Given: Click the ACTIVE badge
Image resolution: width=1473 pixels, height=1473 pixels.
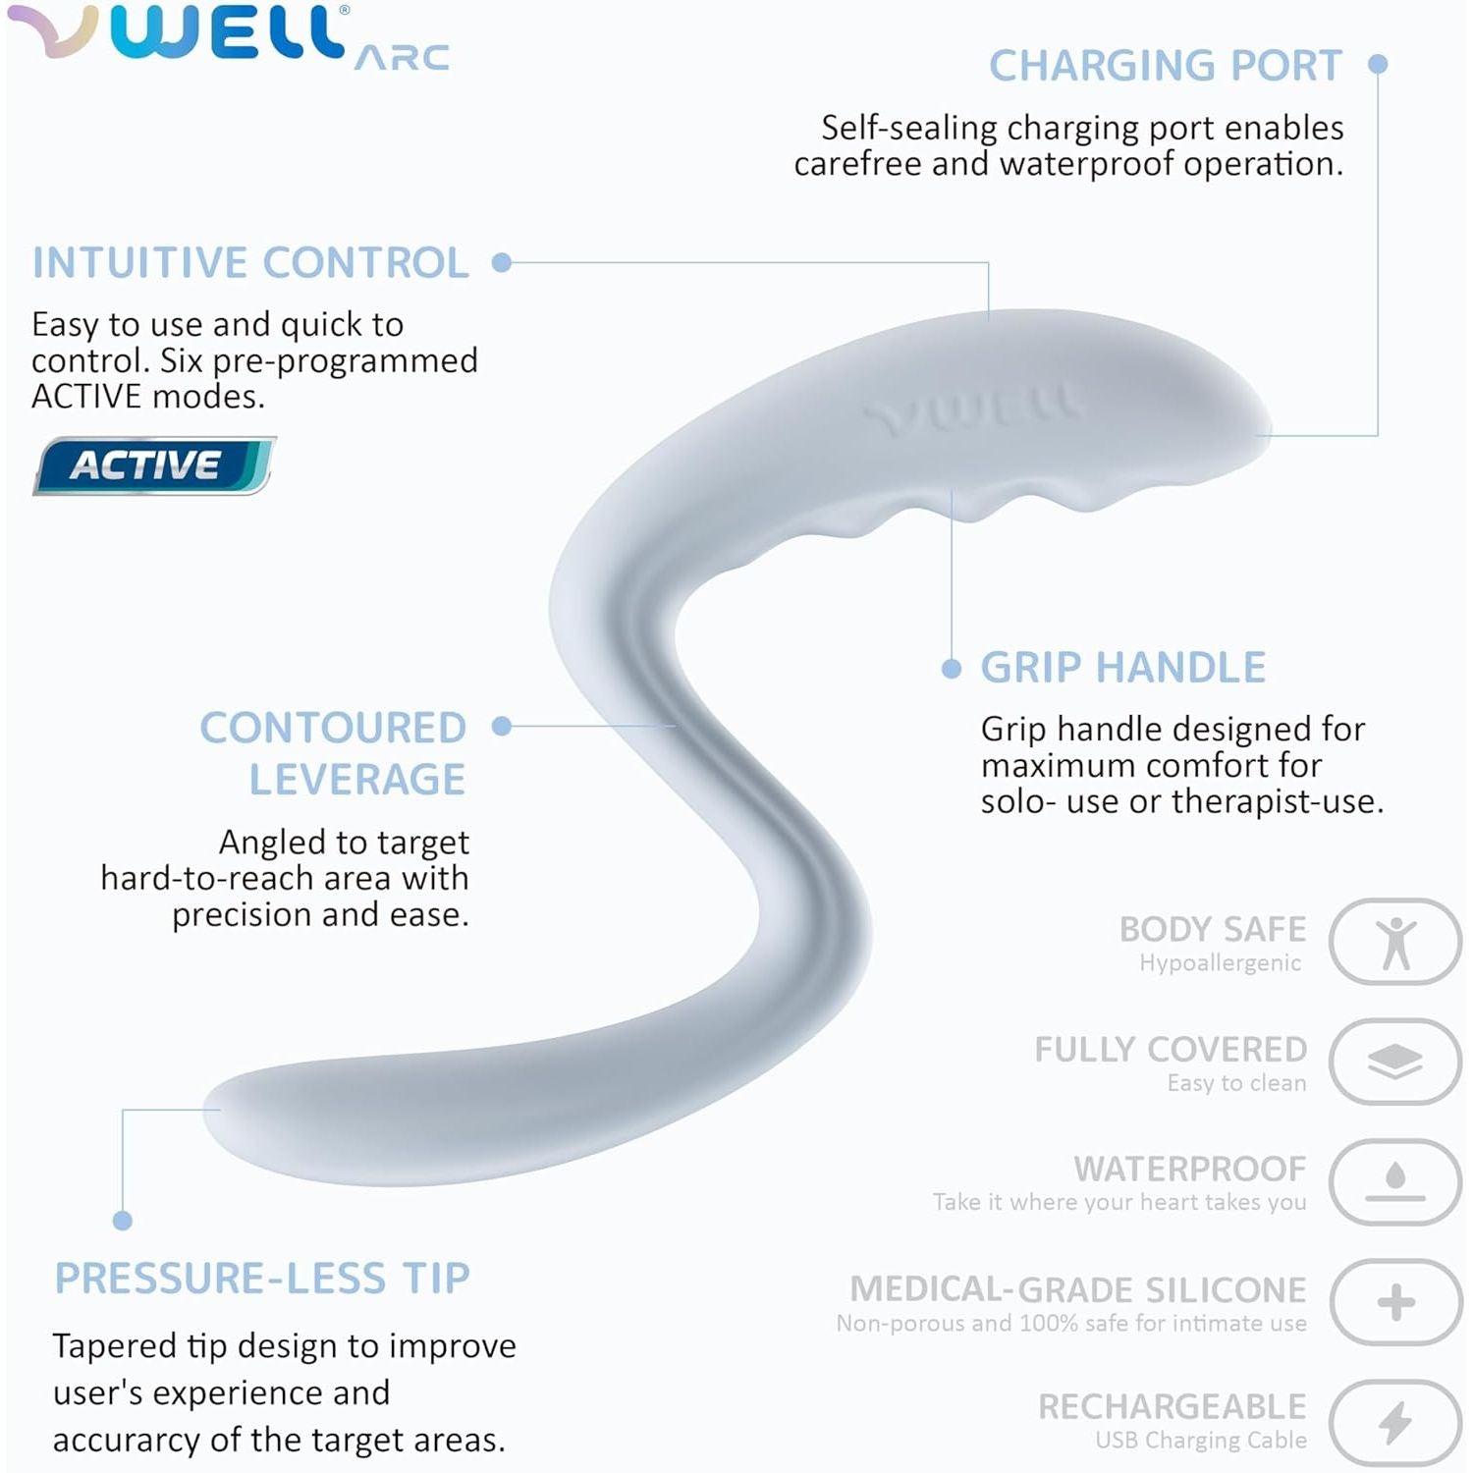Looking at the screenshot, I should [153, 465].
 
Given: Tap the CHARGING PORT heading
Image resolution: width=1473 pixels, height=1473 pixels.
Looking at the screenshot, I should [1165, 66].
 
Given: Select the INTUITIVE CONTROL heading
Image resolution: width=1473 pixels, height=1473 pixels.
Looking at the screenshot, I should [250, 263].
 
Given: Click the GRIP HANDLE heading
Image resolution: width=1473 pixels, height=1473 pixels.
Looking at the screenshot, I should [1122, 668].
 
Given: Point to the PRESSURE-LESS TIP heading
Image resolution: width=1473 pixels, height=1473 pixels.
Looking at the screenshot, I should [262, 1279].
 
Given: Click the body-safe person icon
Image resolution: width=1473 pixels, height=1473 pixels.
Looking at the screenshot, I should [1395, 942].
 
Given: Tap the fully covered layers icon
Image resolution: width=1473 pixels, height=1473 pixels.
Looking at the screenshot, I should [1395, 1062].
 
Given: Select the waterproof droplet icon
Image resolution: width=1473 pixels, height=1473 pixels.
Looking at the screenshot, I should [1395, 1181].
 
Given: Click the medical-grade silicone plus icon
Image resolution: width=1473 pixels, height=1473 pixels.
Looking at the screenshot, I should [1395, 1302].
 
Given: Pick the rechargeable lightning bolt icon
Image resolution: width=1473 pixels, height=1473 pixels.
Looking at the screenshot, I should [1395, 1422].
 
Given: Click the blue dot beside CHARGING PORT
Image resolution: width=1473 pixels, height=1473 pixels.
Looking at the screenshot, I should [1378, 65].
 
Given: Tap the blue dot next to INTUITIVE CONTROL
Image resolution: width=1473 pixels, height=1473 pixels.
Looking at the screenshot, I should [502, 263].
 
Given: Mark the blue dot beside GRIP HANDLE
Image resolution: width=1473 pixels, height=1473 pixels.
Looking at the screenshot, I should [951, 669].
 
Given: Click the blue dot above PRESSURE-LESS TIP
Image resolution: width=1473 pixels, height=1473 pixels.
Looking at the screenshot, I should [123, 1221].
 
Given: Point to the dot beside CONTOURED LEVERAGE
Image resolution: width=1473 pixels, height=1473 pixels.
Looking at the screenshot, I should [502, 727].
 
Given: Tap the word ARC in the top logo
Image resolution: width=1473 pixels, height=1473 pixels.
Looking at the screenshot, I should [402, 58].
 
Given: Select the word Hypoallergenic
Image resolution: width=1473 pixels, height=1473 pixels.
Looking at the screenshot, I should [1220, 963].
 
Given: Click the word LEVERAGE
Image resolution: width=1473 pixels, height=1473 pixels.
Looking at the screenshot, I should [356, 780].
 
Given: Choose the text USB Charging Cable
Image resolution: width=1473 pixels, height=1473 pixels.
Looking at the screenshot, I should [1201, 1441].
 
